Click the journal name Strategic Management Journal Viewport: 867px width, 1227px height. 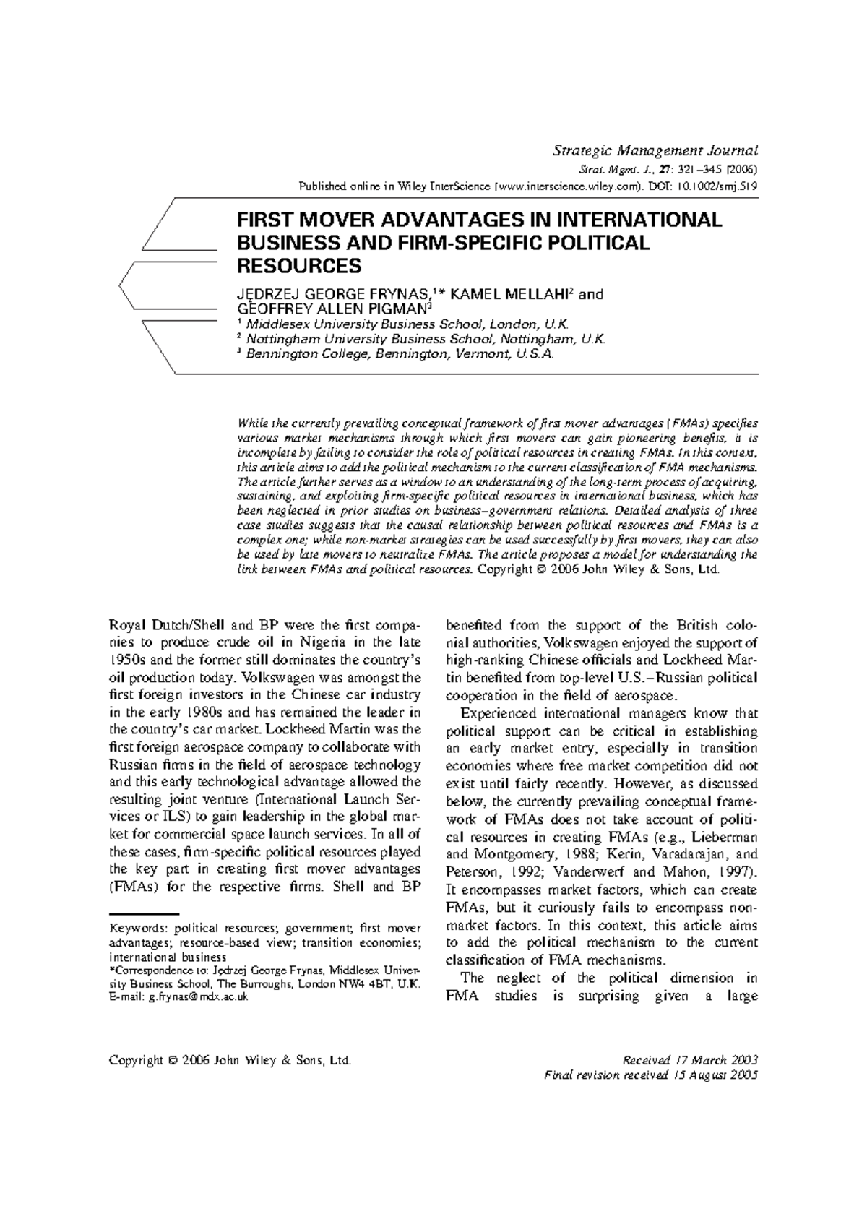[655, 151]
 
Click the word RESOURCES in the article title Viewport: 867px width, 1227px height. [299, 266]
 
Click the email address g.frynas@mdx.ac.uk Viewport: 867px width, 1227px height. [199, 996]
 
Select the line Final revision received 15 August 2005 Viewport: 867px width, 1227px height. [650, 1075]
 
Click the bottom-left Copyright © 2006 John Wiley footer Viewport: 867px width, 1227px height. [229, 1060]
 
